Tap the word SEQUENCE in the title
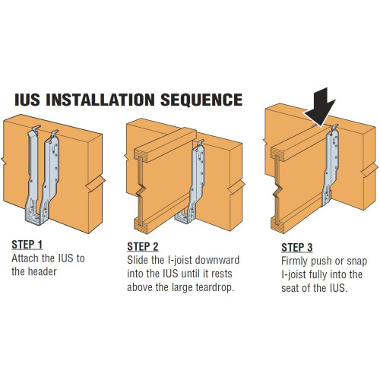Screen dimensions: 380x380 point(201,100)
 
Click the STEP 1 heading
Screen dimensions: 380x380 point(28,245)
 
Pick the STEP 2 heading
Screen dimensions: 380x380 point(144,246)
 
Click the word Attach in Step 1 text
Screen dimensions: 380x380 point(27,258)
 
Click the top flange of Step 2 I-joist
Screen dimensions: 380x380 point(163,144)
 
